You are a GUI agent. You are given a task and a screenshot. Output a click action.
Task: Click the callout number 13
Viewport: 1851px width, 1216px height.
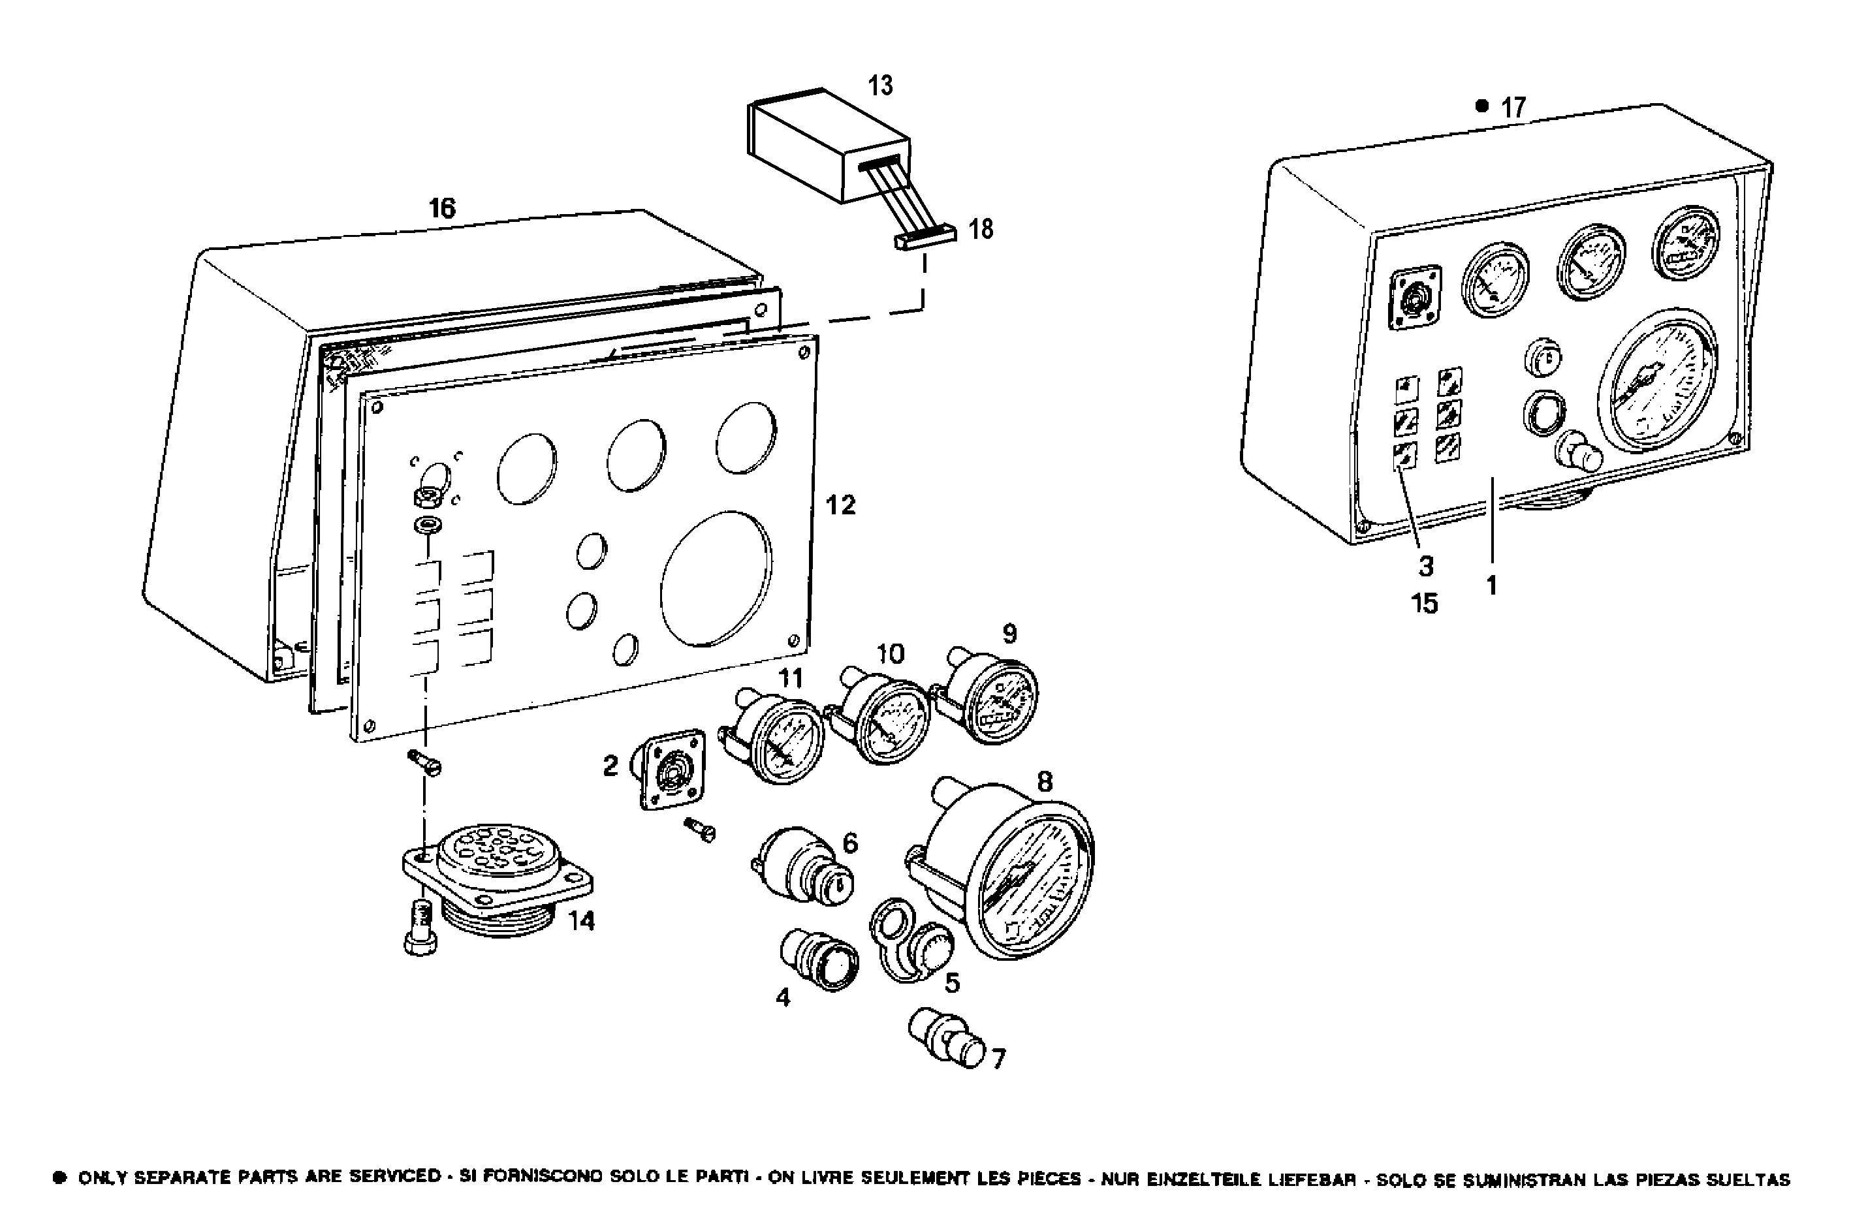880,86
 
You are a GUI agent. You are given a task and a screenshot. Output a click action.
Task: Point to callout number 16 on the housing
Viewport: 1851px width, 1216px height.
442,208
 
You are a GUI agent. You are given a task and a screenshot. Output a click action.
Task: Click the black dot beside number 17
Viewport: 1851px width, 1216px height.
1481,106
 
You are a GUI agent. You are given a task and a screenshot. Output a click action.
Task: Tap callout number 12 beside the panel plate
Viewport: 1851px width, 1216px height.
840,505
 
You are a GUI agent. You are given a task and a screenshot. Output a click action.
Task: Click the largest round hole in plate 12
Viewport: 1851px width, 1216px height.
716,578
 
